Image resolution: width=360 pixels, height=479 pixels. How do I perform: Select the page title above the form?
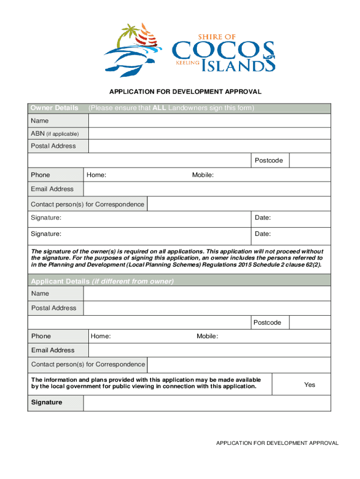pos(180,91)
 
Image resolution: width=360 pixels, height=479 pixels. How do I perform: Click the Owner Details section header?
pos(55,108)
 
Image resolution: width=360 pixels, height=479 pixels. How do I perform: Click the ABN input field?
pos(209,134)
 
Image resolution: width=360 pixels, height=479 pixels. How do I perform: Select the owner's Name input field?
pos(209,121)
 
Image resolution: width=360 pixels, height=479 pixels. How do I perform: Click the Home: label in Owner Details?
pos(96,175)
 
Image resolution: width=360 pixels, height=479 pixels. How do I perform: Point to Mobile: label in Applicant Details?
pos(207,336)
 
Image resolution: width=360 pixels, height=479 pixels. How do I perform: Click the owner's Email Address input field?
pos(207,189)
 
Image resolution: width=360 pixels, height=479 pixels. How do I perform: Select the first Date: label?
pos(263,218)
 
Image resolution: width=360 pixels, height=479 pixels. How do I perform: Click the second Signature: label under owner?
pos(46,233)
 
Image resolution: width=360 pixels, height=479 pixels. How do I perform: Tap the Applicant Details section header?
pos(102,281)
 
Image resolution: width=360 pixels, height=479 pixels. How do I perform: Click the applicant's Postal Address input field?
pos(207,308)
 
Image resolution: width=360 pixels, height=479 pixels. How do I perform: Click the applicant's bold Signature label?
pos(47,402)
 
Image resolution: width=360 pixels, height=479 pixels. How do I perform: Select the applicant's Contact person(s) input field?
pos(239,364)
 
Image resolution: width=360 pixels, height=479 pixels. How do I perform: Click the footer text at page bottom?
pos(277,443)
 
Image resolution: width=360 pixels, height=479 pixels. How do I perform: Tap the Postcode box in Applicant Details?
pos(310,322)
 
